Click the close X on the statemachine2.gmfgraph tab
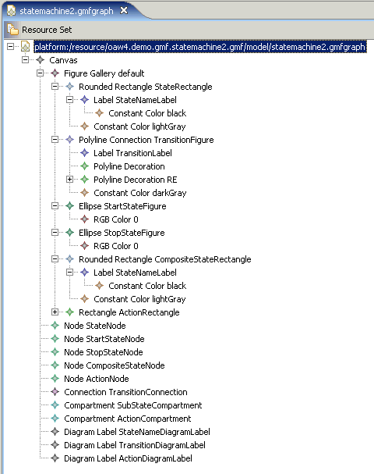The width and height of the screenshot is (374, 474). [124, 11]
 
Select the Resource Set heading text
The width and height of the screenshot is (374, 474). [47, 30]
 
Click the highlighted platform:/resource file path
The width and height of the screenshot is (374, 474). [200, 47]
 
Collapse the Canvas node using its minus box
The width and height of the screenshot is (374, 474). [26, 60]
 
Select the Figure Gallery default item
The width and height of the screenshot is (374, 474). [104, 73]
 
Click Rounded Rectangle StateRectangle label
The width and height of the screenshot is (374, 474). [146, 87]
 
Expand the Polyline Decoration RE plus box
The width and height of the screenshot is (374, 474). [69, 180]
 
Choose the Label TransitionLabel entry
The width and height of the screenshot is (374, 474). [132, 153]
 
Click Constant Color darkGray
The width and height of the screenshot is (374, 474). [140, 193]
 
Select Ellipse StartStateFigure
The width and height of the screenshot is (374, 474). [122, 206]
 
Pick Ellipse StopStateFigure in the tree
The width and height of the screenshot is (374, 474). [122, 233]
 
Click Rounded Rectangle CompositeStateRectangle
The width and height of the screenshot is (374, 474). [165, 259]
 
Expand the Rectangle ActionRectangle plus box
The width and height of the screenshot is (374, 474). [55, 312]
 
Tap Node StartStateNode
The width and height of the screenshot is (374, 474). [104, 339]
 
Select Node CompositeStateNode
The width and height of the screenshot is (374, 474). [115, 365]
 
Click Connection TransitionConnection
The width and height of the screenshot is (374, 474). [125, 392]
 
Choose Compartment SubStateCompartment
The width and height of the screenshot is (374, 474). [133, 405]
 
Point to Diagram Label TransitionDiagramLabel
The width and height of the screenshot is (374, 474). [135, 445]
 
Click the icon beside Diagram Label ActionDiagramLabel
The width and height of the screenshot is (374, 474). [55, 458]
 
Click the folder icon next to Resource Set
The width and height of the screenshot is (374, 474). [12, 30]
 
